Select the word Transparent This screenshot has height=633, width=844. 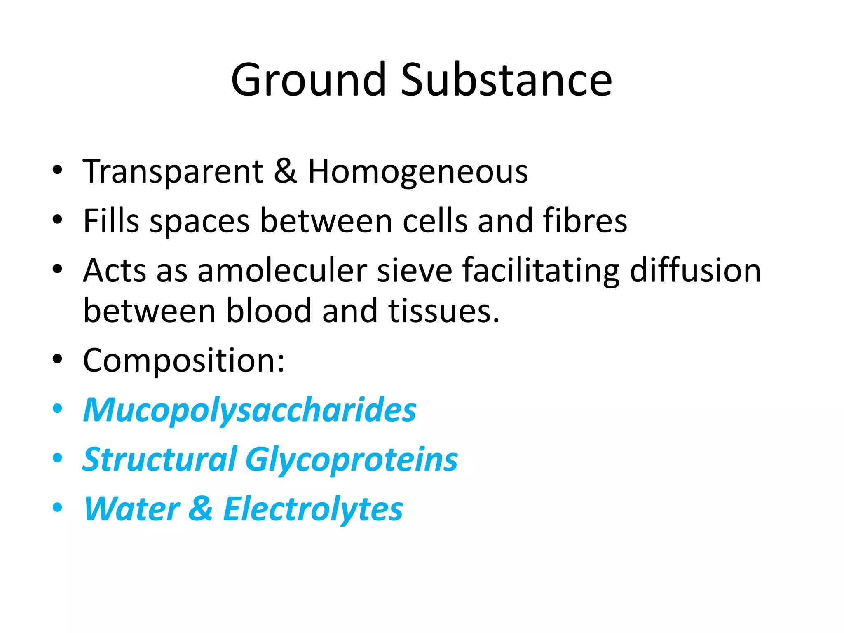point(173,171)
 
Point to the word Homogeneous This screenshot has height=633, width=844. point(418,172)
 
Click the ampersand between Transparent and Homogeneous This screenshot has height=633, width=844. point(285,171)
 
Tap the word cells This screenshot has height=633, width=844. point(435,221)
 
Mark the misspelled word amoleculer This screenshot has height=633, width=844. point(282,271)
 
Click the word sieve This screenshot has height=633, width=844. point(415,271)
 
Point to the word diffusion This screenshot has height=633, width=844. point(695,271)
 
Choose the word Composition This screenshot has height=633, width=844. point(183,361)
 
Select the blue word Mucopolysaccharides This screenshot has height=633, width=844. point(250,410)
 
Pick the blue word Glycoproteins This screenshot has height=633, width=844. point(352,460)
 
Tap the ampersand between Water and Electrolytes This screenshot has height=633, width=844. point(201,509)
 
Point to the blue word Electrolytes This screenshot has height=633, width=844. point(313,509)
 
